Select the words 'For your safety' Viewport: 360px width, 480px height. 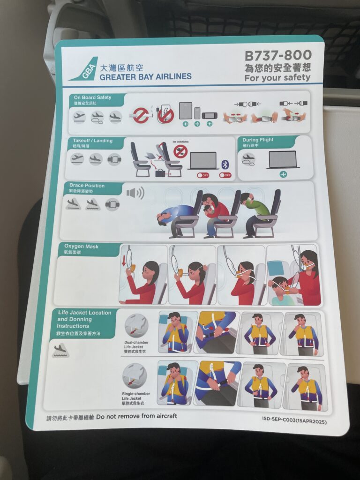click(277, 78)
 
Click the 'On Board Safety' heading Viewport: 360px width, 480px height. click(92, 97)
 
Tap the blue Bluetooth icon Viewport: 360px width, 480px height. click(225, 164)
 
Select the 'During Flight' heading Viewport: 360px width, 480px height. click(258, 140)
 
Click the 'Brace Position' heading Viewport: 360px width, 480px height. click(87, 186)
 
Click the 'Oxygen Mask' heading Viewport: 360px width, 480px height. click(81, 247)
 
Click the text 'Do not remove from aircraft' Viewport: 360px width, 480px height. click(136, 416)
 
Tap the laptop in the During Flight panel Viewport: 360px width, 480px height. click(283, 160)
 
